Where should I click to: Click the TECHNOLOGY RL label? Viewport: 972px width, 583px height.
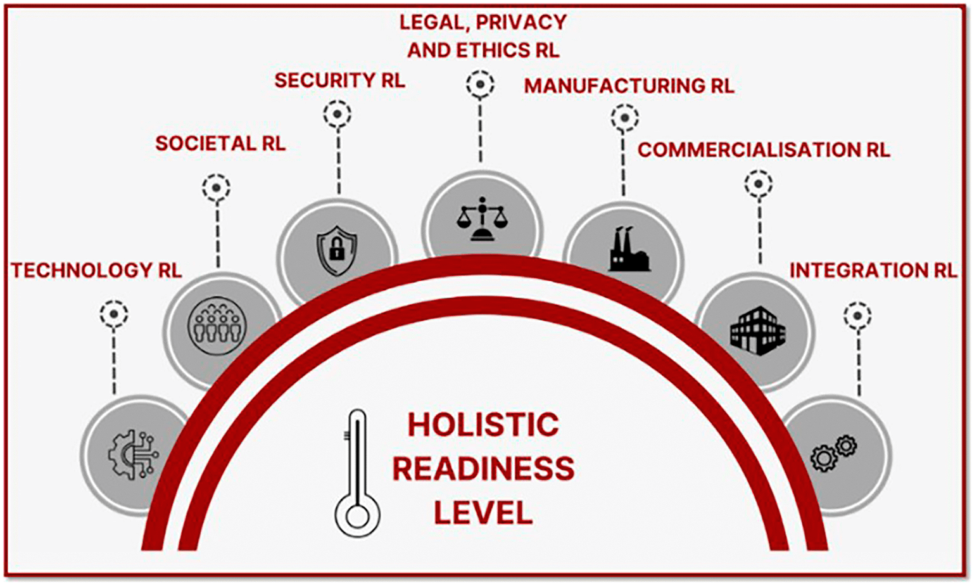96,270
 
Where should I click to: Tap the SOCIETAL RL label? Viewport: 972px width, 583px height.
220,143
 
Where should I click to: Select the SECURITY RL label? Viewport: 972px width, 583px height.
340,80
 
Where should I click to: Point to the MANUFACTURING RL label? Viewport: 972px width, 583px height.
629,86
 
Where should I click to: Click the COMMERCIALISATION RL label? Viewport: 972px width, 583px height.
764,150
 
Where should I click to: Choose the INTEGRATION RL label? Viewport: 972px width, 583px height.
873,270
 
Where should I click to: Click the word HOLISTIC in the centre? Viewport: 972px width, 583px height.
483,425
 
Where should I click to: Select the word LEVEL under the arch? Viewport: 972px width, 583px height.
483,512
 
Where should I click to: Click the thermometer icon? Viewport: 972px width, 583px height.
357,473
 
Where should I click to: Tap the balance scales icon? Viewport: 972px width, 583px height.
482,219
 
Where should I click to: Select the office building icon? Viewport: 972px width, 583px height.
757,331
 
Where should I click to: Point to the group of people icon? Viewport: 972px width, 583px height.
217,326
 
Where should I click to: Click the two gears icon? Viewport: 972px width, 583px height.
833,454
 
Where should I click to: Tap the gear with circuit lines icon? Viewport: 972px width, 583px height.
133,454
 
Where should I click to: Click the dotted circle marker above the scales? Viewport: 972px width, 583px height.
480,84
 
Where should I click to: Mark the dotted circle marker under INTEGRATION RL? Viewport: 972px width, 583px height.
857,316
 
